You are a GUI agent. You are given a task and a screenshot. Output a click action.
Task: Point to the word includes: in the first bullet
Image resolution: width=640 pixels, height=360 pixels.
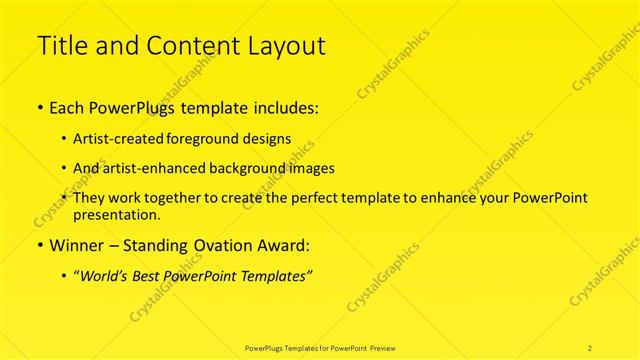283,108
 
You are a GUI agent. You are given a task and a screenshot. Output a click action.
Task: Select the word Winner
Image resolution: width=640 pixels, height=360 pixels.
76,245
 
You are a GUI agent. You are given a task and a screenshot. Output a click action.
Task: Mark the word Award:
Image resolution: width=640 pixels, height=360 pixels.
282,245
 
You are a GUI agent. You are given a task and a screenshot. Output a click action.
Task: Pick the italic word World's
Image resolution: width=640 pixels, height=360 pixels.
108,276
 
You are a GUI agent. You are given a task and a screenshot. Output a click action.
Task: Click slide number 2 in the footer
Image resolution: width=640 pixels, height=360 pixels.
591,347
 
